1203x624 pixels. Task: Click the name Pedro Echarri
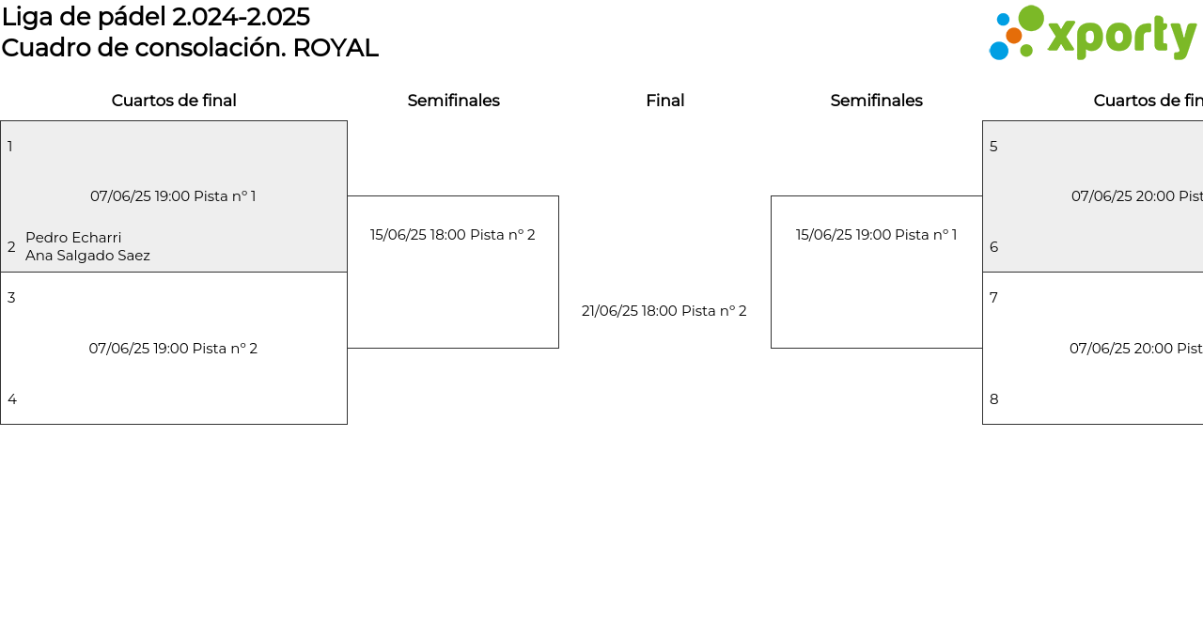[73, 238]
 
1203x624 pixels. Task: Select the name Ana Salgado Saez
[87, 256]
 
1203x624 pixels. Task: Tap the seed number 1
[10, 147]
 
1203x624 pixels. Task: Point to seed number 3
[11, 298]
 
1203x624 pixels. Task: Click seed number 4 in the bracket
[12, 399]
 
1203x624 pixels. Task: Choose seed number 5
[993, 147]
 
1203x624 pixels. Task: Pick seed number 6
[994, 247]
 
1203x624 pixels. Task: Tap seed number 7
[993, 298]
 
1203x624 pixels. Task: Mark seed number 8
[994, 399]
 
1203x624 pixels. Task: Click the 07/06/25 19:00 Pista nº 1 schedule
[173, 196]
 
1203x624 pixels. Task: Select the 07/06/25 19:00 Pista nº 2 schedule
[173, 349]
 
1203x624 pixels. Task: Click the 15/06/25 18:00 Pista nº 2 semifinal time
[453, 235]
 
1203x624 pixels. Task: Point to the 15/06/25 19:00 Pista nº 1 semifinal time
[877, 235]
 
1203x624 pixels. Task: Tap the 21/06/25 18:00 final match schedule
[664, 311]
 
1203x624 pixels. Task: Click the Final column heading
[664, 101]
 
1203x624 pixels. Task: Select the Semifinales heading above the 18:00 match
[454, 101]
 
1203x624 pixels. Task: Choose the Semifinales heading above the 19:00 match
[877, 101]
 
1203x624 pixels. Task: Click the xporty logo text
[1122, 38]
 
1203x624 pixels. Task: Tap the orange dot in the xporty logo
[1013, 36]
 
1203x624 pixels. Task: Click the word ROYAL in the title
[336, 48]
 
